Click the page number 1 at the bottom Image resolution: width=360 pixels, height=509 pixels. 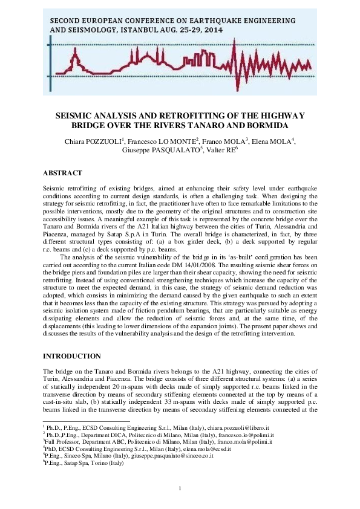180,488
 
